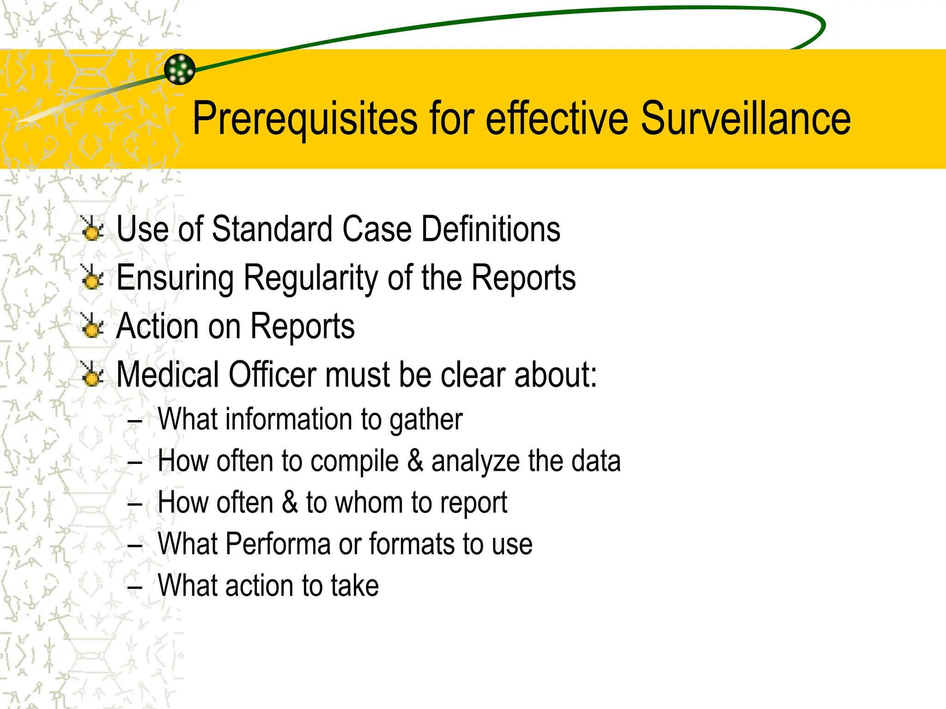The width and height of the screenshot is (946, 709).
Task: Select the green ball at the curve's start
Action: [x=180, y=69]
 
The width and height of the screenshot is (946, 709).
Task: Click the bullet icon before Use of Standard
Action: [x=92, y=229]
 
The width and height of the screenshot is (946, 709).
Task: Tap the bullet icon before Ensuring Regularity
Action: [x=92, y=277]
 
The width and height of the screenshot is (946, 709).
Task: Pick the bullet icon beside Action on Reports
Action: [x=92, y=326]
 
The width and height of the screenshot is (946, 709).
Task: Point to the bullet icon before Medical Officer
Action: [x=92, y=374]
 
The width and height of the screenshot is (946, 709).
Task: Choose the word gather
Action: [x=425, y=420]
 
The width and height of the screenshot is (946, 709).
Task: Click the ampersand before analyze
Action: [x=415, y=461]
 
